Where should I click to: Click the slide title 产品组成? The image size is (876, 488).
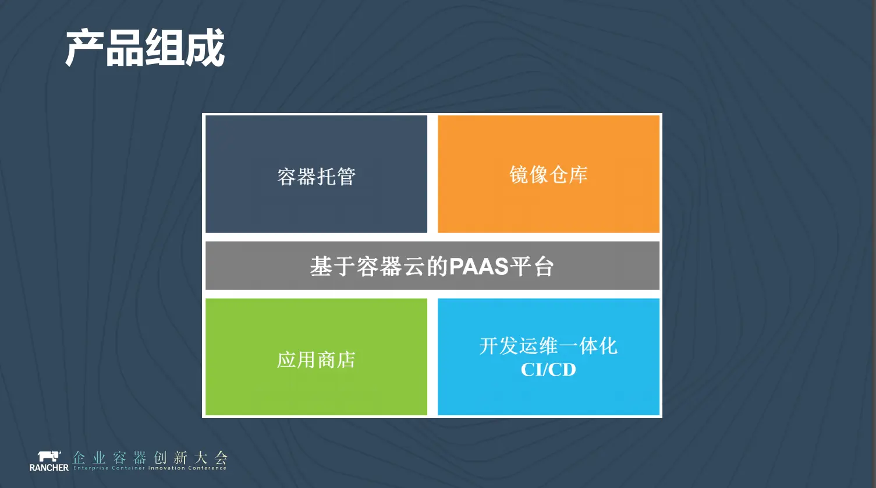point(145,48)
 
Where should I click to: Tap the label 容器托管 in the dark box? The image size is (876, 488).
point(317,176)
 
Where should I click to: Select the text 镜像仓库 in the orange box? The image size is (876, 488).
point(548,175)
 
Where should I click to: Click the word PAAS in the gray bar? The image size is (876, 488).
point(478,267)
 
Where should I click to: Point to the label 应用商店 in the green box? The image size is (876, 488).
point(316,360)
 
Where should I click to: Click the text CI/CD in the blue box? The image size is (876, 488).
point(548,369)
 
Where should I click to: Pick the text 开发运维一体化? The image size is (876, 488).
point(548,346)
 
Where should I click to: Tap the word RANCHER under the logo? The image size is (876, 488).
point(49,468)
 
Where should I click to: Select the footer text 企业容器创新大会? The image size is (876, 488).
point(150,457)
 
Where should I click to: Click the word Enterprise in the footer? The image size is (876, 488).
point(91,468)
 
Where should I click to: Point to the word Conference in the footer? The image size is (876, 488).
point(207,468)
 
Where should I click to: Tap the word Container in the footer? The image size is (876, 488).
point(128,468)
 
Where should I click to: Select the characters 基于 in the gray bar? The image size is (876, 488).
point(332,267)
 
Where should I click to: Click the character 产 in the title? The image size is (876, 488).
point(84,48)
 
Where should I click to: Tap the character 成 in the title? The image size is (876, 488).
point(205,48)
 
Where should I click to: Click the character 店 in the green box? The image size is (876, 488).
point(346,360)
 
